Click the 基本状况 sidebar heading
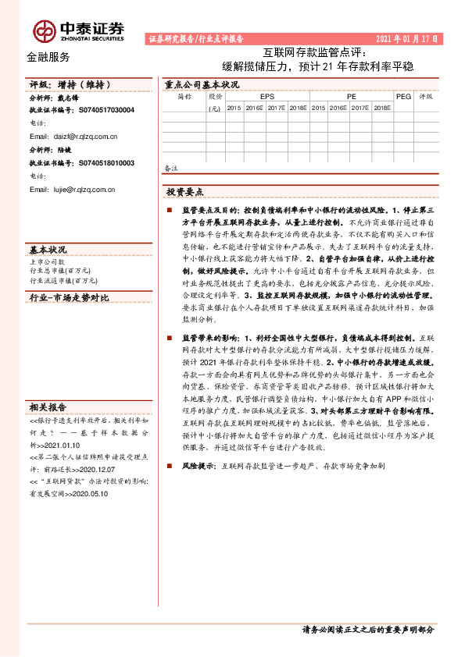[48, 249]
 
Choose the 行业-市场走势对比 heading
[69, 298]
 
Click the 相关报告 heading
[48, 407]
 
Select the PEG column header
[403, 97]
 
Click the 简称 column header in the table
[184, 97]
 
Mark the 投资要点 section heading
[185, 191]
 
